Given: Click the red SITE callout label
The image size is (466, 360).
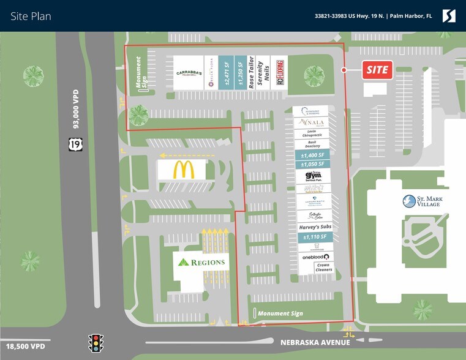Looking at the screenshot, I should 377,70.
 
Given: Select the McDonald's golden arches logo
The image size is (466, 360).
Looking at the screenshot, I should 183,170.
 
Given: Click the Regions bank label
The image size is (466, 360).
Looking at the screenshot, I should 201,262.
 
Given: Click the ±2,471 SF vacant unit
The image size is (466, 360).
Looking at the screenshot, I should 227,73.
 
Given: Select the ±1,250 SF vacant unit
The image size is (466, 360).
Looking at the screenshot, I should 241,73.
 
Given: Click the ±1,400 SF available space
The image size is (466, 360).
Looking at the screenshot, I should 312,156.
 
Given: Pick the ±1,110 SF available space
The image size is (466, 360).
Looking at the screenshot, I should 315,236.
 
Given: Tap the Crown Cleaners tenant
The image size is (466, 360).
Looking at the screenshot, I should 323,267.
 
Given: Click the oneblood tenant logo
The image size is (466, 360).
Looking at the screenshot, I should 315,257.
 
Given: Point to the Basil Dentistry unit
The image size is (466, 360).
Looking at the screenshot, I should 312,144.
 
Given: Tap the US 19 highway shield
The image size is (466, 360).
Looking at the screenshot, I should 72,144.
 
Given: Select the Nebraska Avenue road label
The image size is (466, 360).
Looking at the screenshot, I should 315,342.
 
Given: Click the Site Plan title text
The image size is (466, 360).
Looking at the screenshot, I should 31,17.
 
